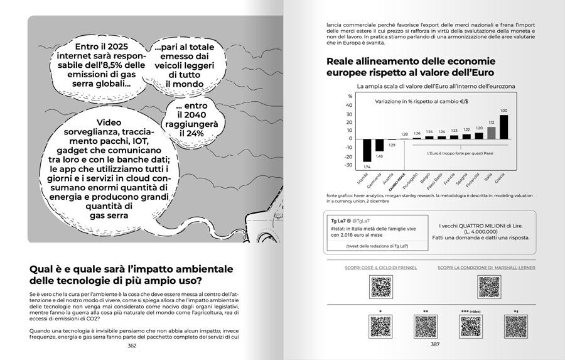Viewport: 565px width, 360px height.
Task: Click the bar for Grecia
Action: (503, 126)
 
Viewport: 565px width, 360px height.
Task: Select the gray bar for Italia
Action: (492, 132)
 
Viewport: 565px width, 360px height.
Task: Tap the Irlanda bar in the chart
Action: (367, 150)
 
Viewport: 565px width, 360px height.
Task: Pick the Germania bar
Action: (379, 145)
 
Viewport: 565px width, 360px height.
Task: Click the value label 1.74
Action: (367, 166)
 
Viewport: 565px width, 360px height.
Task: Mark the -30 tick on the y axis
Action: (350, 165)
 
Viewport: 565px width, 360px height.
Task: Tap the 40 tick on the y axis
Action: (350, 105)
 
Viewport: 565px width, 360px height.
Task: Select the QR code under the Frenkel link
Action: (381, 286)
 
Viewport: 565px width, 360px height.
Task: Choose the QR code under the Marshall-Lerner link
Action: (489, 286)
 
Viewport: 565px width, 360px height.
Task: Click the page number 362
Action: (132, 345)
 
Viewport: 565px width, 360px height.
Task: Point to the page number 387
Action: (434, 344)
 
